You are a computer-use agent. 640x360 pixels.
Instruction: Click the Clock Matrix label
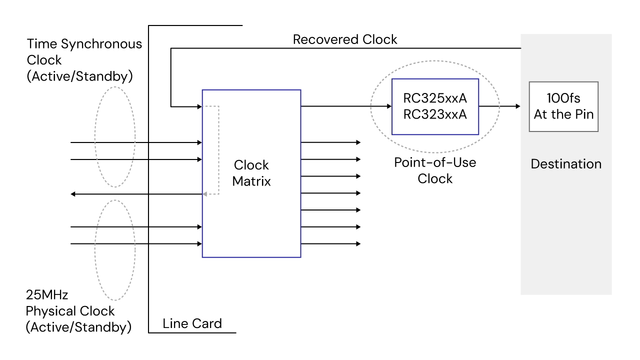pyautogui.click(x=251, y=173)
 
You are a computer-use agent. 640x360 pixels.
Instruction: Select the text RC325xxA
pyautogui.click(x=435, y=97)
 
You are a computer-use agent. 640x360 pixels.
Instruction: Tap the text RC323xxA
pyautogui.click(x=435, y=114)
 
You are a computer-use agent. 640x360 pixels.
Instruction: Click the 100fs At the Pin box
pyautogui.click(x=563, y=107)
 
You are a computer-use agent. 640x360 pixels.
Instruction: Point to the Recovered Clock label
pyautogui.click(x=345, y=39)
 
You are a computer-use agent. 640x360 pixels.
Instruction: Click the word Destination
pyautogui.click(x=566, y=164)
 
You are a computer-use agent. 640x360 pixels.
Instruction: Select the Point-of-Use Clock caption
pyautogui.click(x=435, y=170)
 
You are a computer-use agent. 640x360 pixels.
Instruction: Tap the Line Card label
pyautogui.click(x=192, y=323)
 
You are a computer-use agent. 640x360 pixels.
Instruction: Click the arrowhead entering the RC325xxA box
pyautogui.click(x=389, y=106)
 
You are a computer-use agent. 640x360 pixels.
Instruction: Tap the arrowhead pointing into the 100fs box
pyautogui.click(x=518, y=106)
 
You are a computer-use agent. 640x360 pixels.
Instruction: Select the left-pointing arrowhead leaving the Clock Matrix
pyautogui.click(x=73, y=194)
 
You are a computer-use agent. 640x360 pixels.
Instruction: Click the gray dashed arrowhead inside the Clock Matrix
pyautogui.click(x=204, y=194)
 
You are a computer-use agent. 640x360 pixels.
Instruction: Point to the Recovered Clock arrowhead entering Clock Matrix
pyautogui.click(x=199, y=106)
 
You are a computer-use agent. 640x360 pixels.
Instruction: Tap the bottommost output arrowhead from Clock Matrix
pyautogui.click(x=357, y=244)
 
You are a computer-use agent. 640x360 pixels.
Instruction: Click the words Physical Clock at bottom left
pyautogui.click(x=70, y=311)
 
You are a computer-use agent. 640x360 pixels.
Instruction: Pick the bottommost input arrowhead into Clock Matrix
pyautogui.click(x=199, y=244)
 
